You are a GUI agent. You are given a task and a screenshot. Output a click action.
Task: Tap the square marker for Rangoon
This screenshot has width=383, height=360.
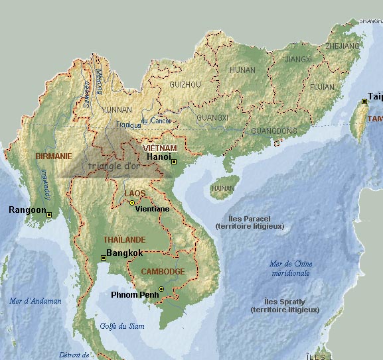tap(50, 215)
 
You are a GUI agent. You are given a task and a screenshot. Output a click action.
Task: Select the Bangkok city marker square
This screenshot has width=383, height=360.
tap(103, 257)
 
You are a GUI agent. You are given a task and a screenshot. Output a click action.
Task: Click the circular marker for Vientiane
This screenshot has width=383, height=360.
tap(132, 202)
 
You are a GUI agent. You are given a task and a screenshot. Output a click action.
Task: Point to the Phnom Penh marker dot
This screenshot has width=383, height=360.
tap(161, 288)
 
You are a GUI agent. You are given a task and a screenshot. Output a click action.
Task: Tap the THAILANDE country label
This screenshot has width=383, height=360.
tap(124, 239)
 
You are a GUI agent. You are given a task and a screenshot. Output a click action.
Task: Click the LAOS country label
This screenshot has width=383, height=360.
tap(135, 193)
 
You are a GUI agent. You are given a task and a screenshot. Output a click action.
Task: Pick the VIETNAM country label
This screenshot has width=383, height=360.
tap(160, 148)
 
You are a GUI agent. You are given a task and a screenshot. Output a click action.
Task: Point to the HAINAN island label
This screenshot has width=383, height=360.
tap(222, 188)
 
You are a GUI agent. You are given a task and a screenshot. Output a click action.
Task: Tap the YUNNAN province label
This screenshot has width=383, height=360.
tap(117, 109)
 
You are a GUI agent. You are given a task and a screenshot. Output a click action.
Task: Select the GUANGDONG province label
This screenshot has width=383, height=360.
tap(274, 131)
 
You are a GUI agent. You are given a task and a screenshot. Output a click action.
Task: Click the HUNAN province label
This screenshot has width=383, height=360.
tap(242, 70)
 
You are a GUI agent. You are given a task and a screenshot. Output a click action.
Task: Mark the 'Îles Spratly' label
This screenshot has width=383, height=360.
tap(285, 305)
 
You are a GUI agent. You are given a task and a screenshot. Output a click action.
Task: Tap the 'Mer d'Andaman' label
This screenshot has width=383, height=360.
tap(35, 301)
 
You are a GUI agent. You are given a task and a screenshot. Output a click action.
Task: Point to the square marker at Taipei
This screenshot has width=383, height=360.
tap(364, 101)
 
